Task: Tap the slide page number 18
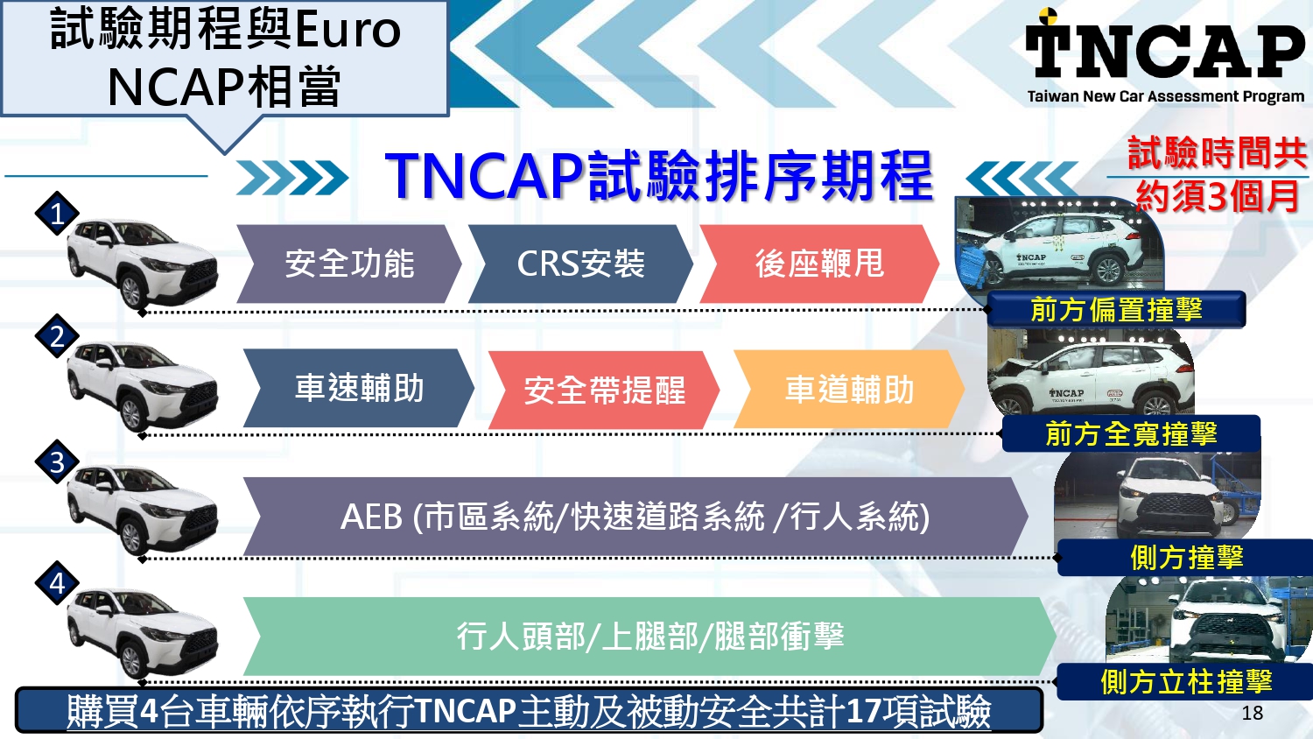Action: tap(1252, 713)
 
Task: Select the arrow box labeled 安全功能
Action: tap(348, 264)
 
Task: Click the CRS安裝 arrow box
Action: tap(580, 264)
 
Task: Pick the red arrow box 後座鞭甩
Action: tap(818, 264)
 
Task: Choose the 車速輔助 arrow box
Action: tap(359, 388)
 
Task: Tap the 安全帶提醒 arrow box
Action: tap(604, 391)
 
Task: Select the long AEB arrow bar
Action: tap(635, 517)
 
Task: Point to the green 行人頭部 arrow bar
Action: tap(649, 637)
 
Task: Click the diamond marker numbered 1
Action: tap(58, 214)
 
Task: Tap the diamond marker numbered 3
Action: tap(58, 461)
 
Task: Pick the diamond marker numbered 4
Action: tap(58, 583)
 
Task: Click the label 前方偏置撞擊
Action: tap(1116, 310)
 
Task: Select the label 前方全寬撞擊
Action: tap(1131, 433)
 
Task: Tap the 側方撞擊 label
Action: tap(1186, 558)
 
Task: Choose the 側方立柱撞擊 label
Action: tap(1186, 681)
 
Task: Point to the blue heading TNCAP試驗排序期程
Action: tap(658, 176)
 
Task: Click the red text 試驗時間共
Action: tap(1217, 153)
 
